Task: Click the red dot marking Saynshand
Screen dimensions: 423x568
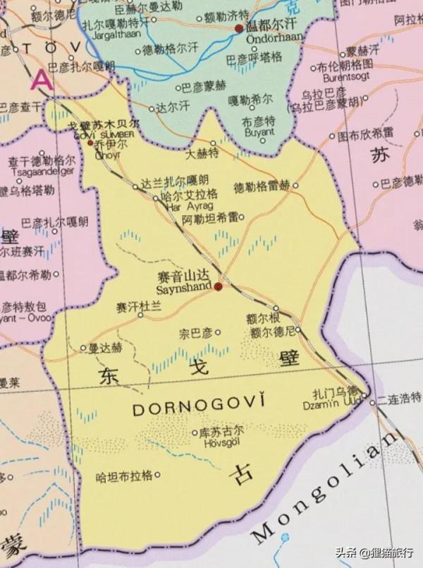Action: coord(219,287)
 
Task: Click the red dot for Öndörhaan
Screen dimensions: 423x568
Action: coord(239,28)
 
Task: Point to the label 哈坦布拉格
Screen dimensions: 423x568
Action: coord(124,476)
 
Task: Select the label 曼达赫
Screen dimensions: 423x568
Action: coord(104,348)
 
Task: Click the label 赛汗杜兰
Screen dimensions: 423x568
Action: coord(139,306)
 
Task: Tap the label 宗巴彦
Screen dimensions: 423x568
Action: coord(195,332)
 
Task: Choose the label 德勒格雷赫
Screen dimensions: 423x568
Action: coord(261,186)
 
